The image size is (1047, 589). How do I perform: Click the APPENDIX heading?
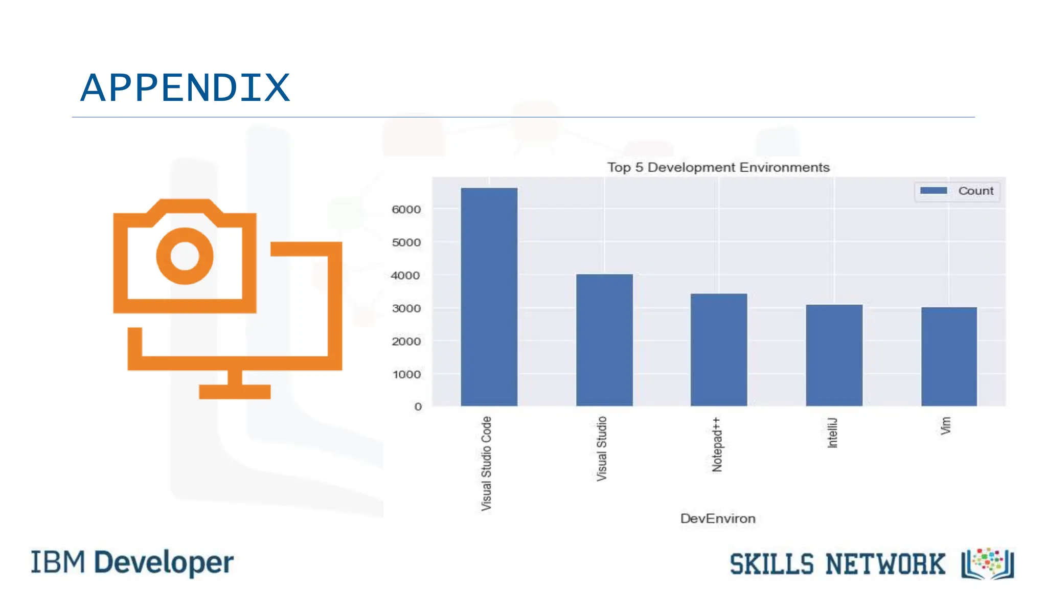pos(185,88)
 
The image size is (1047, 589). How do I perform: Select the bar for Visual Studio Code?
pos(489,297)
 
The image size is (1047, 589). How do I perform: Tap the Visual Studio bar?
pos(604,340)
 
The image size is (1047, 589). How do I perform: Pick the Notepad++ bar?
pos(719,350)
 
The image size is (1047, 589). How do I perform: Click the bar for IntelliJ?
pos(834,355)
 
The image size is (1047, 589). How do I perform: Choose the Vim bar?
pos(949,356)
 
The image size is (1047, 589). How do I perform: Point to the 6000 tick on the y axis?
pos(406,210)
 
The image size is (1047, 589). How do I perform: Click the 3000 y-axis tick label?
pos(406,308)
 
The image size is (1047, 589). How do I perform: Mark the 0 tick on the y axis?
pos(418,407)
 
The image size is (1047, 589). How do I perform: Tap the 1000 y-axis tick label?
pos(406,374)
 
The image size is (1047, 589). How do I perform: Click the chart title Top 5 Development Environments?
pos(718,168)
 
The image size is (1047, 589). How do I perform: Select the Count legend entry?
pos(957,191)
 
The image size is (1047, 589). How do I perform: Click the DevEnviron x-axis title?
pos(717,518)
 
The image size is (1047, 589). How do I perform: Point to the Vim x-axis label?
pos(946,426)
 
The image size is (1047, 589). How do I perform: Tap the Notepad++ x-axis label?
pos(717,444)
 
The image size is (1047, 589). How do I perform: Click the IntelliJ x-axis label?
pos(832,433)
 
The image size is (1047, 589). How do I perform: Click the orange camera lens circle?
pos(185,256)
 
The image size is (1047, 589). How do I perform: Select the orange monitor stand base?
pos(235,392)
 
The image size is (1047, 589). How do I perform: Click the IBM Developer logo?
pos(132,562)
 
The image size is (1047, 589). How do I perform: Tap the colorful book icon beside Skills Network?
pos(988,564)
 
